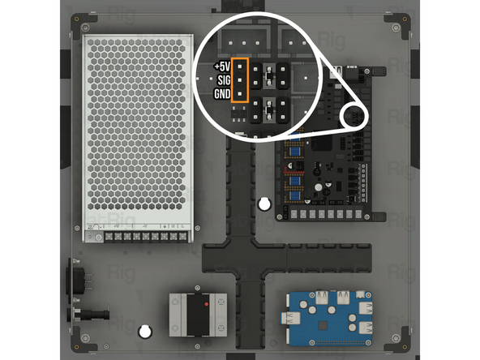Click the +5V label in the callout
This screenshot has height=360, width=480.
point(221,66)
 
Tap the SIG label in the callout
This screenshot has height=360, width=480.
point(222,79)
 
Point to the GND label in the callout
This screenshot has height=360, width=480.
point(221,94)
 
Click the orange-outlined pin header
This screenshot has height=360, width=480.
point(241,80)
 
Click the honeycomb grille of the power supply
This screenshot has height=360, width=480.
point(139,130)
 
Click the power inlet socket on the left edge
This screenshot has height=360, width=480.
point(76,277)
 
